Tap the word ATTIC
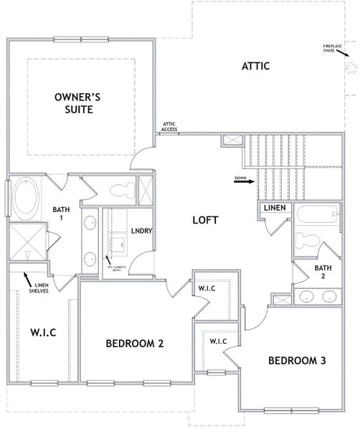[x=255, y=67]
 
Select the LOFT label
[x=204, y=220]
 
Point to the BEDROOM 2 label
[x=135, y=343]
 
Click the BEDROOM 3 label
[x=297, y=360]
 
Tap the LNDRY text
[x=141, y=231]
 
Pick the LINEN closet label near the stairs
[x=276, y=208]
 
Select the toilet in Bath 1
[x=120, y=191]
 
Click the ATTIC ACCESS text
[x=170, y=127]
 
